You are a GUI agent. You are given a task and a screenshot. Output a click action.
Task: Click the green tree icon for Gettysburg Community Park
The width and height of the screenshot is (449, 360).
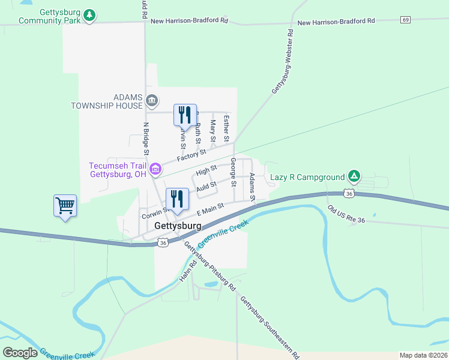(x=89, y=14)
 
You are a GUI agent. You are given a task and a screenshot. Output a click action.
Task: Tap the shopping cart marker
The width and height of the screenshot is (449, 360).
(x=65, y=206)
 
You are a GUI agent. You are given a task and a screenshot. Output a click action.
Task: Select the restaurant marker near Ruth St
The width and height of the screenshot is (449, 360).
(x=185, y=115)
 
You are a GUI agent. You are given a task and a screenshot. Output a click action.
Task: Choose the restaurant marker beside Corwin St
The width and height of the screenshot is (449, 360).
(x=176, y=199)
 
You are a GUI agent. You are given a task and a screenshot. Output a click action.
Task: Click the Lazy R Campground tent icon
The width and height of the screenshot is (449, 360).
(x=355, y=176)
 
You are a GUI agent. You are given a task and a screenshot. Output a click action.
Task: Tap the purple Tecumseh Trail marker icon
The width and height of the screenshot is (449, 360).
(x=155, y=169)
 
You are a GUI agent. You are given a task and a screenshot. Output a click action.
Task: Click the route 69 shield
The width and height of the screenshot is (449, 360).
(x=406, y=20)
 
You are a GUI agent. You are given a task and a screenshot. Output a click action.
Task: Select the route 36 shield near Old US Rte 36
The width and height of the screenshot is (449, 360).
(x=349, y=193)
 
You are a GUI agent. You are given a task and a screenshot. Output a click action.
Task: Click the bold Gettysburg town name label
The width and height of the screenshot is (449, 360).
(x=178, y=226)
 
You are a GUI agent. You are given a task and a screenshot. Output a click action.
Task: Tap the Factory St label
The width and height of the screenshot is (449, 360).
(x=191, y=157)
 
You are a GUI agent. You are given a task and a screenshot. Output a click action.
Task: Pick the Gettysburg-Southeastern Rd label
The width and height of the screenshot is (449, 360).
(x=270, y=327)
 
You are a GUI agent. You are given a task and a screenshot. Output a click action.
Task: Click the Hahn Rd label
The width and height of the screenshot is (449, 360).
(x=188, y=271)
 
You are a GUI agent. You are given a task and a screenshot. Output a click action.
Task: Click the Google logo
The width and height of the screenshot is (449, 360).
(x=20, y=353)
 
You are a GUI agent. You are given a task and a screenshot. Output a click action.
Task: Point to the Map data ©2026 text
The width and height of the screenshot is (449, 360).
(x=423, y=355)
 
